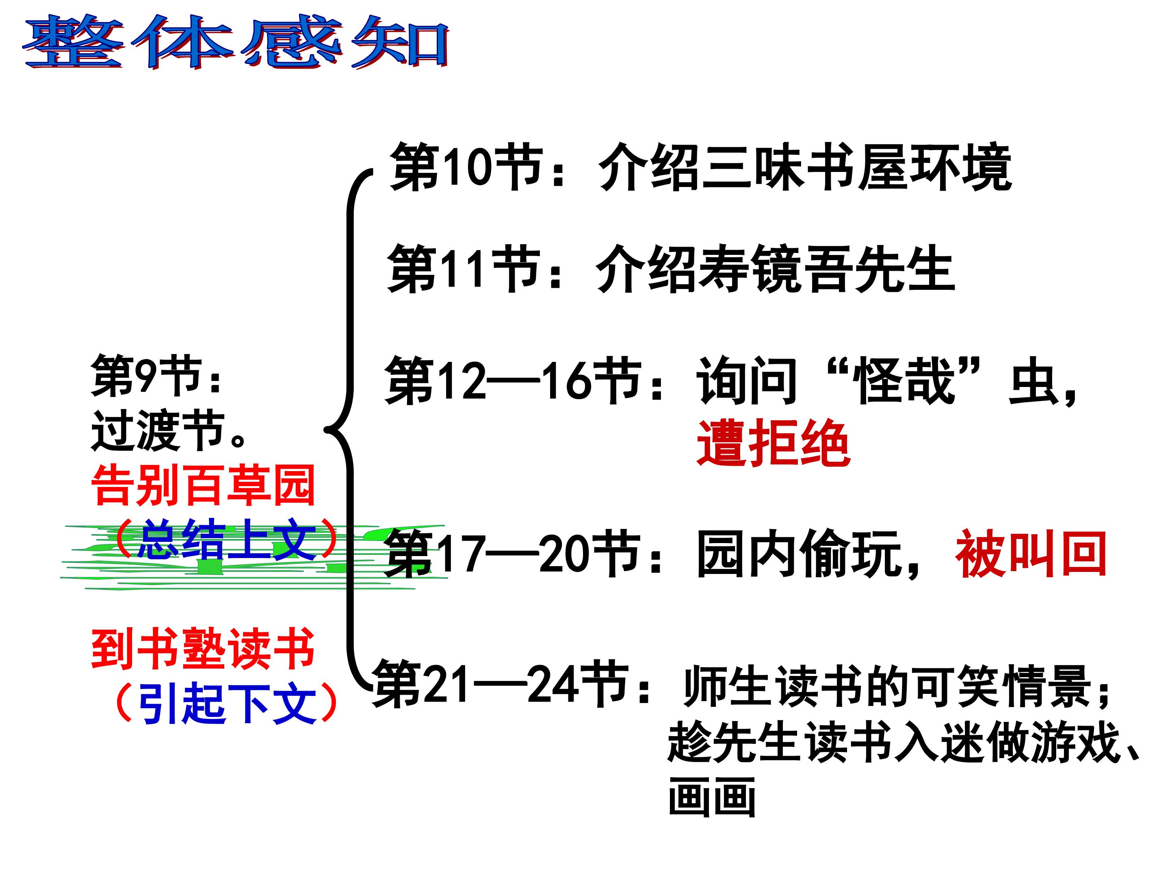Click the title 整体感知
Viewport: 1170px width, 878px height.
(236, 42)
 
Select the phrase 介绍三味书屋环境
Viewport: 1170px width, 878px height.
(804, 167)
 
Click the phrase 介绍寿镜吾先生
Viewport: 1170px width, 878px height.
(775, 268)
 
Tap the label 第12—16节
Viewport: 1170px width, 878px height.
(513, 380)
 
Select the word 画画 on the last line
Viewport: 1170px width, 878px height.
(711, 796)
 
